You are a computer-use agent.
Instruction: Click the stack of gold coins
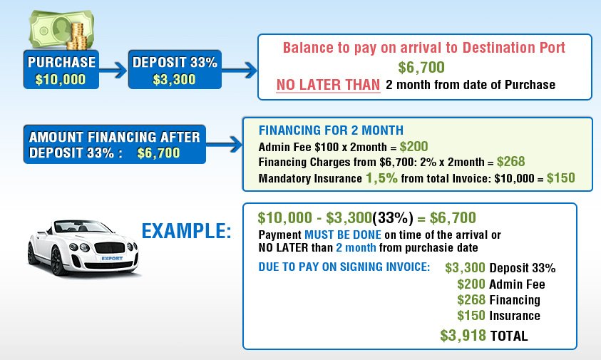point(79,36)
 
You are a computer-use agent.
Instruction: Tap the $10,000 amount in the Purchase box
point(61,79)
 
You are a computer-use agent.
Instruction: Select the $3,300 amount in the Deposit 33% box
point(175,79)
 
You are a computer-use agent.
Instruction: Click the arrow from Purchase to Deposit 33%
point(113,70)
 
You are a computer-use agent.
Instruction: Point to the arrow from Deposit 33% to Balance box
point(239,70)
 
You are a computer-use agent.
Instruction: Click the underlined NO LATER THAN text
point(328,85)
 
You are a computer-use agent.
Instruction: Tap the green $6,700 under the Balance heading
point(421,68)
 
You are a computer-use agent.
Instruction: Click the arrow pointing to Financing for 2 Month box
point(225,145)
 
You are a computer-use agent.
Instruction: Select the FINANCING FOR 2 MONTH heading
point(331,130)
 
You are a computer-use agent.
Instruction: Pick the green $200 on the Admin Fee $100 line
point(414,146)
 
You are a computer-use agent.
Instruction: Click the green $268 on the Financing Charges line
point(511,161)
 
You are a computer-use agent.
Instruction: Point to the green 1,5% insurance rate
point(381,178)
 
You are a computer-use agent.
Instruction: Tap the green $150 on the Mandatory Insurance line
point(561,178)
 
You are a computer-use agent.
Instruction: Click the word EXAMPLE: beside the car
point(187,231)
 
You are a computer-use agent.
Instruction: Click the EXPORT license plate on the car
point(112,258)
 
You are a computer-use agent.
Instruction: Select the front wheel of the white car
point(58,261)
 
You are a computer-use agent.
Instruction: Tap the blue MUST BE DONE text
point(343,235)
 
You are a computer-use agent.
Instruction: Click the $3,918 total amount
point(463,336)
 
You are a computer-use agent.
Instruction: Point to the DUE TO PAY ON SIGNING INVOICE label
point(344,267)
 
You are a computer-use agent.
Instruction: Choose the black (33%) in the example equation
point(393,217)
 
